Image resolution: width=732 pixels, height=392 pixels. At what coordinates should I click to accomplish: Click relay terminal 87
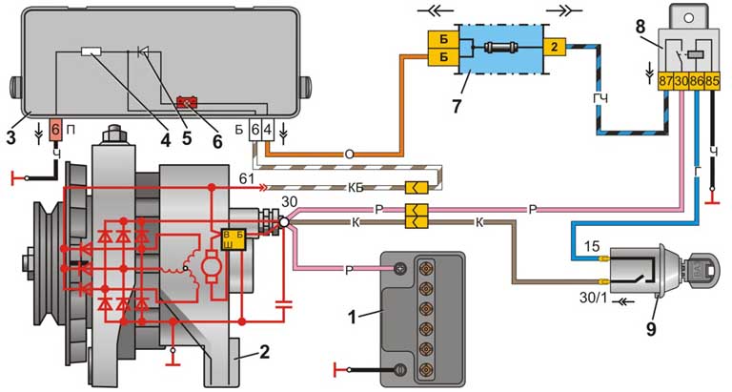pyautogui.click(x=665, y=81)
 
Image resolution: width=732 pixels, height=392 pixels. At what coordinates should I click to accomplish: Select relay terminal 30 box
pyautogui.click(x=681, y=81)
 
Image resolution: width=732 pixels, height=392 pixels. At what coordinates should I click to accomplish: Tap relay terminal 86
pyautogui.click(x=697, y=81)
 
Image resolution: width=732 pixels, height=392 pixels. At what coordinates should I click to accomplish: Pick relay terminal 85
pyautogui.click(x=712, y=81)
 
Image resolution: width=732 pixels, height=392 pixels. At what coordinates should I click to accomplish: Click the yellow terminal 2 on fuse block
pyautogui.click(x=555, y=46)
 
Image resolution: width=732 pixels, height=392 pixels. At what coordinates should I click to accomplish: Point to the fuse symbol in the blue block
pyautogui.click(x=498, y=47)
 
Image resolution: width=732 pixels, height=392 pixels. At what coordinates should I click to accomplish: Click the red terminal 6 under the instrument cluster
pyautogui.click(x=55, y=130)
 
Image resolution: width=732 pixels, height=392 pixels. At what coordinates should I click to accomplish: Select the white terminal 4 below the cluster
pyautogui.click(x=267, y=129)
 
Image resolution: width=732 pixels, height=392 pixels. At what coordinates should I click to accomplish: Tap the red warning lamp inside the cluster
pyautogui.click(x=188, y=101)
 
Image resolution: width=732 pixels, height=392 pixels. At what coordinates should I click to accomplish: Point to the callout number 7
pyautogui.click(x=456, y=106)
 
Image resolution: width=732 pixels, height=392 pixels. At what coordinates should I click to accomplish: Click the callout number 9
pyautogui.click(x=651, y=328)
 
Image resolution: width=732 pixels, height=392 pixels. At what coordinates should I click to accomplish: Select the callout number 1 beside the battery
pyautogui.click(x=354, y=317)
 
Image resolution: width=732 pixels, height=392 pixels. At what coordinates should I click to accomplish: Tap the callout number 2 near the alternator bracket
pyautogui.click(x=264, y=351)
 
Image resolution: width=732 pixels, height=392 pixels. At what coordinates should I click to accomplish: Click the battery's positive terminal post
pyautogui.click(x=400, y=268)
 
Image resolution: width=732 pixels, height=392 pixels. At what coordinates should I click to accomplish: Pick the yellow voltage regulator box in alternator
pyautogui.click(x=233, y=239)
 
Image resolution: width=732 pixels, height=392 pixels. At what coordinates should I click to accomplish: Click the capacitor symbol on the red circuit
pyautogui.click(x=283, y=305)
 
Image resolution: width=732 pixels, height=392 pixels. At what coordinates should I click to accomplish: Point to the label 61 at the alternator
pyautogui.click(x=246, y=178)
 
